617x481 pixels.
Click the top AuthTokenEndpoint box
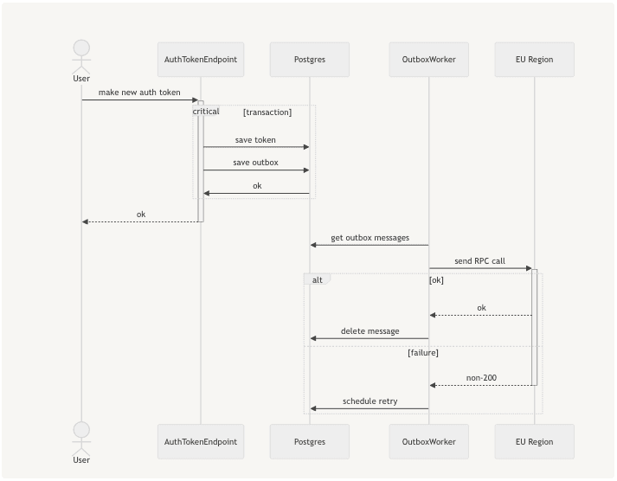tap(201, 60)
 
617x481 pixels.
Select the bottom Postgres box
tap(310, 441)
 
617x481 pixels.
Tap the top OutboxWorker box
tap(428, 60)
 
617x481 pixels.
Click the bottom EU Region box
tap(534, 441)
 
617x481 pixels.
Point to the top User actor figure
tap(81, 56)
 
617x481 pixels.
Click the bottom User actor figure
tap(81, 438)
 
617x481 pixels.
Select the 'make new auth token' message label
tap(139, 93)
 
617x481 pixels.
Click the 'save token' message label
tap(255, 139)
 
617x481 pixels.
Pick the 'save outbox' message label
tap(255, 163)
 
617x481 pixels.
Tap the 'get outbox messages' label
tap(370, 238)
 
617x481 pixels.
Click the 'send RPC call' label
tap(479, 261)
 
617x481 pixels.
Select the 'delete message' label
tap(370, 331)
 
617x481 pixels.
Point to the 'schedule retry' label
tap(370, 401)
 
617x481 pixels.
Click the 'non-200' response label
tap(481, 378)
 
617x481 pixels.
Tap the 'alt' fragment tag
tap(318, 280)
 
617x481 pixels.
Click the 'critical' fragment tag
tap(206, 112)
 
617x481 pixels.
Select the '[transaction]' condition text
tap(267, 112)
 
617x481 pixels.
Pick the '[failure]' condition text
tap(423, 353)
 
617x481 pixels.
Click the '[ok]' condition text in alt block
tap(436, 280)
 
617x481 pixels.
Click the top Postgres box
tap(310, 60)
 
